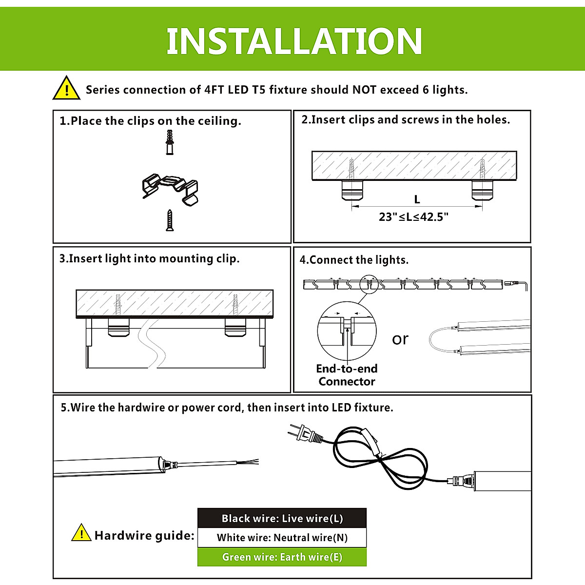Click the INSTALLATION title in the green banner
294,41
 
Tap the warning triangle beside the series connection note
66,89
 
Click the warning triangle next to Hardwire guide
81,533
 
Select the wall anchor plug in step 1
169,142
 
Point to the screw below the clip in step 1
170,220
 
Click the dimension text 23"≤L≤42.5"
413,217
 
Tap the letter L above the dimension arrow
417,199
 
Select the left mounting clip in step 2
351,190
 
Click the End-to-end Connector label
347,375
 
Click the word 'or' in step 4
400,339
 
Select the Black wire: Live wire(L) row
282,518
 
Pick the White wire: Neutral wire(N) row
282,538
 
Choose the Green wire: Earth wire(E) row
282,557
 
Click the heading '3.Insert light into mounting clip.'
150,258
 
